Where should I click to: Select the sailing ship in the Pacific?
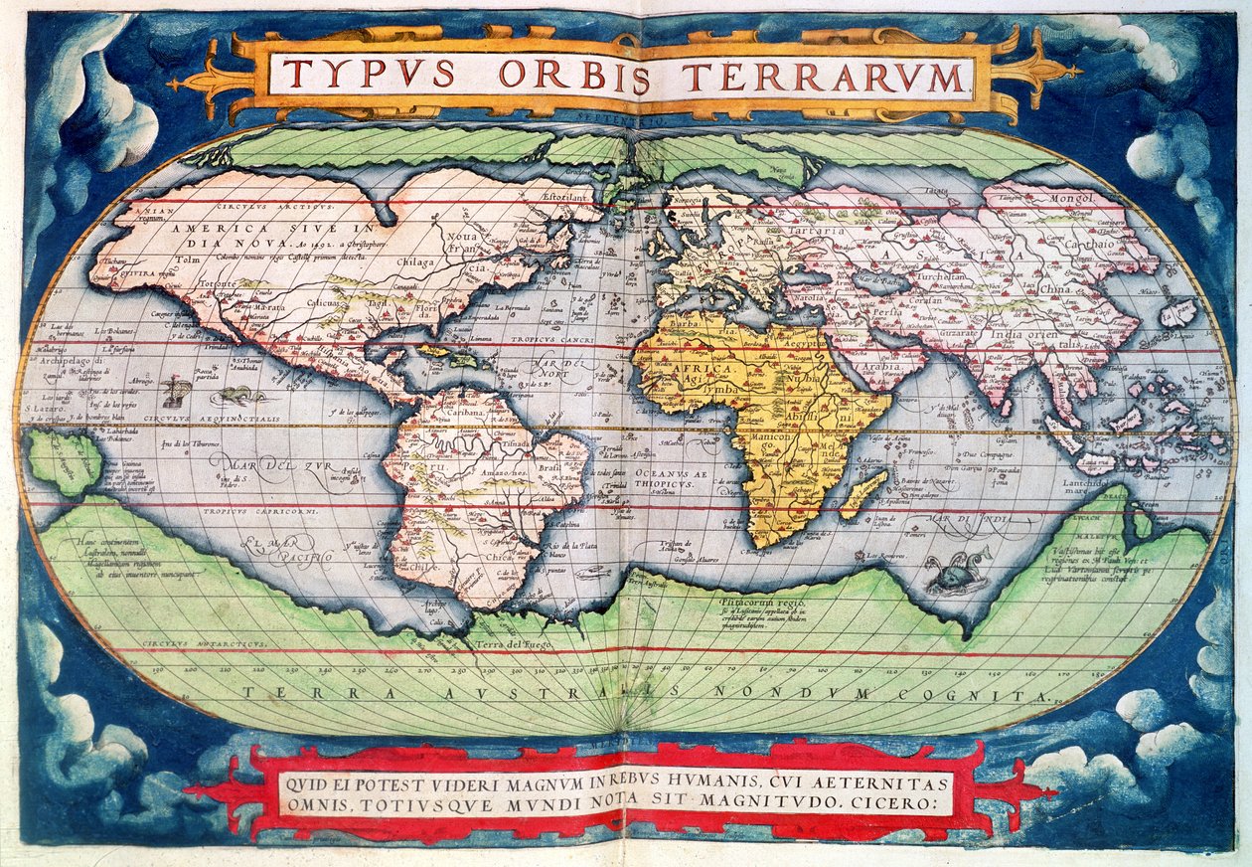pyautogui.click(x=176, y=392)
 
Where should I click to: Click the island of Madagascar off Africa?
pyautogui.click(x=863, y=494)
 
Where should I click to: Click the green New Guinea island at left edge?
pyautogui.click(x=63, y=460)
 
